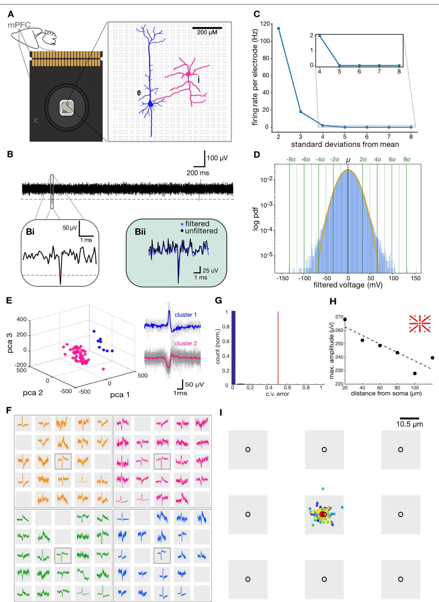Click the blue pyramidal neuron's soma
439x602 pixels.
pyautogui.click(x=151, y=104)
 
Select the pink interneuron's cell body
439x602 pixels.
pyautogui.click(x=189, y=74)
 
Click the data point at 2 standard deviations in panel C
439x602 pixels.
pyautogui.click(x=278, y=28)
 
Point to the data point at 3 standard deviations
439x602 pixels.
pyautogui.click(x=300, y=112)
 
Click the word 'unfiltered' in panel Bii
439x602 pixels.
pyautogui.click(x=201, y=231)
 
